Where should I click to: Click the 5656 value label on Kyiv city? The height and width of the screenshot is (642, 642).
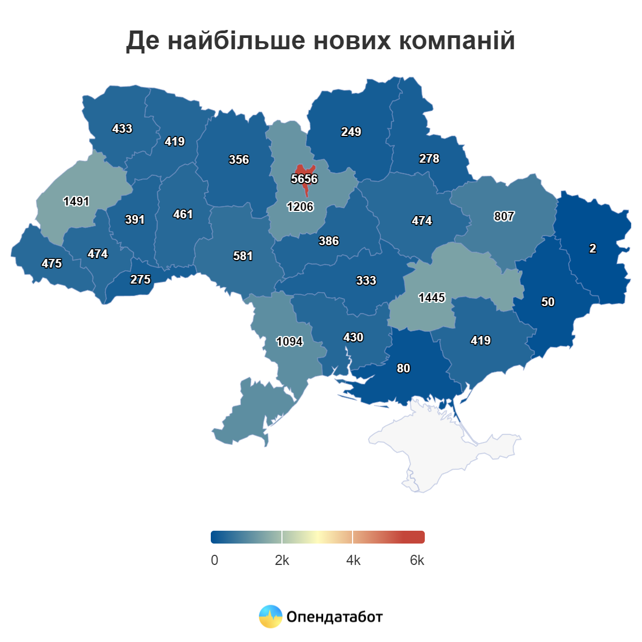(x=304, y=179)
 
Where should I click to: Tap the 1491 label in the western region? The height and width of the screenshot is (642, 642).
(x=76, y=201)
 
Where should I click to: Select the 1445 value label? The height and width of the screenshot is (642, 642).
(x=432, y=297)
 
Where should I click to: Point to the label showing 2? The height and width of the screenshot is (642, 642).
(x=592, y=248)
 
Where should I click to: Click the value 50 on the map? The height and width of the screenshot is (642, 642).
(x=548, y=302)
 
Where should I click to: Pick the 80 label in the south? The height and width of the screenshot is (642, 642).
(x=403, y=368)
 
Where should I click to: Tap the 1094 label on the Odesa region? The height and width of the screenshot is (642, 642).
(x=289, y=341)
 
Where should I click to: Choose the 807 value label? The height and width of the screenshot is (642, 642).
(x=504, y=216)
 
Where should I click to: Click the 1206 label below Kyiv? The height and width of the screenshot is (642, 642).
(x=300, y=207)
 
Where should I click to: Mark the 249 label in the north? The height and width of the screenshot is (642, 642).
(x=351, y=132)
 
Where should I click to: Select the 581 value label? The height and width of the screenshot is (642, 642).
(x=243, y=256)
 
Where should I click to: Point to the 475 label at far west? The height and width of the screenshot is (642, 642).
(x=52, y=263)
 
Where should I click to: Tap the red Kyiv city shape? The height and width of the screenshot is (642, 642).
(x=303, y=170)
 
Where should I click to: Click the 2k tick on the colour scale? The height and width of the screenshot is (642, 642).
(x=282, y=560)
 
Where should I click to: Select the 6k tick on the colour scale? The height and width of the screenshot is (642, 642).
(x=417, y=560)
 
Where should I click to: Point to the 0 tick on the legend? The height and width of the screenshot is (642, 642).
(x=215, y=560)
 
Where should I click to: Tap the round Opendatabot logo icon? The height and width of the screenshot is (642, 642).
(x=271, y=616)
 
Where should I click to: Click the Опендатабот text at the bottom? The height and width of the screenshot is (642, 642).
(x=334, y=617)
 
